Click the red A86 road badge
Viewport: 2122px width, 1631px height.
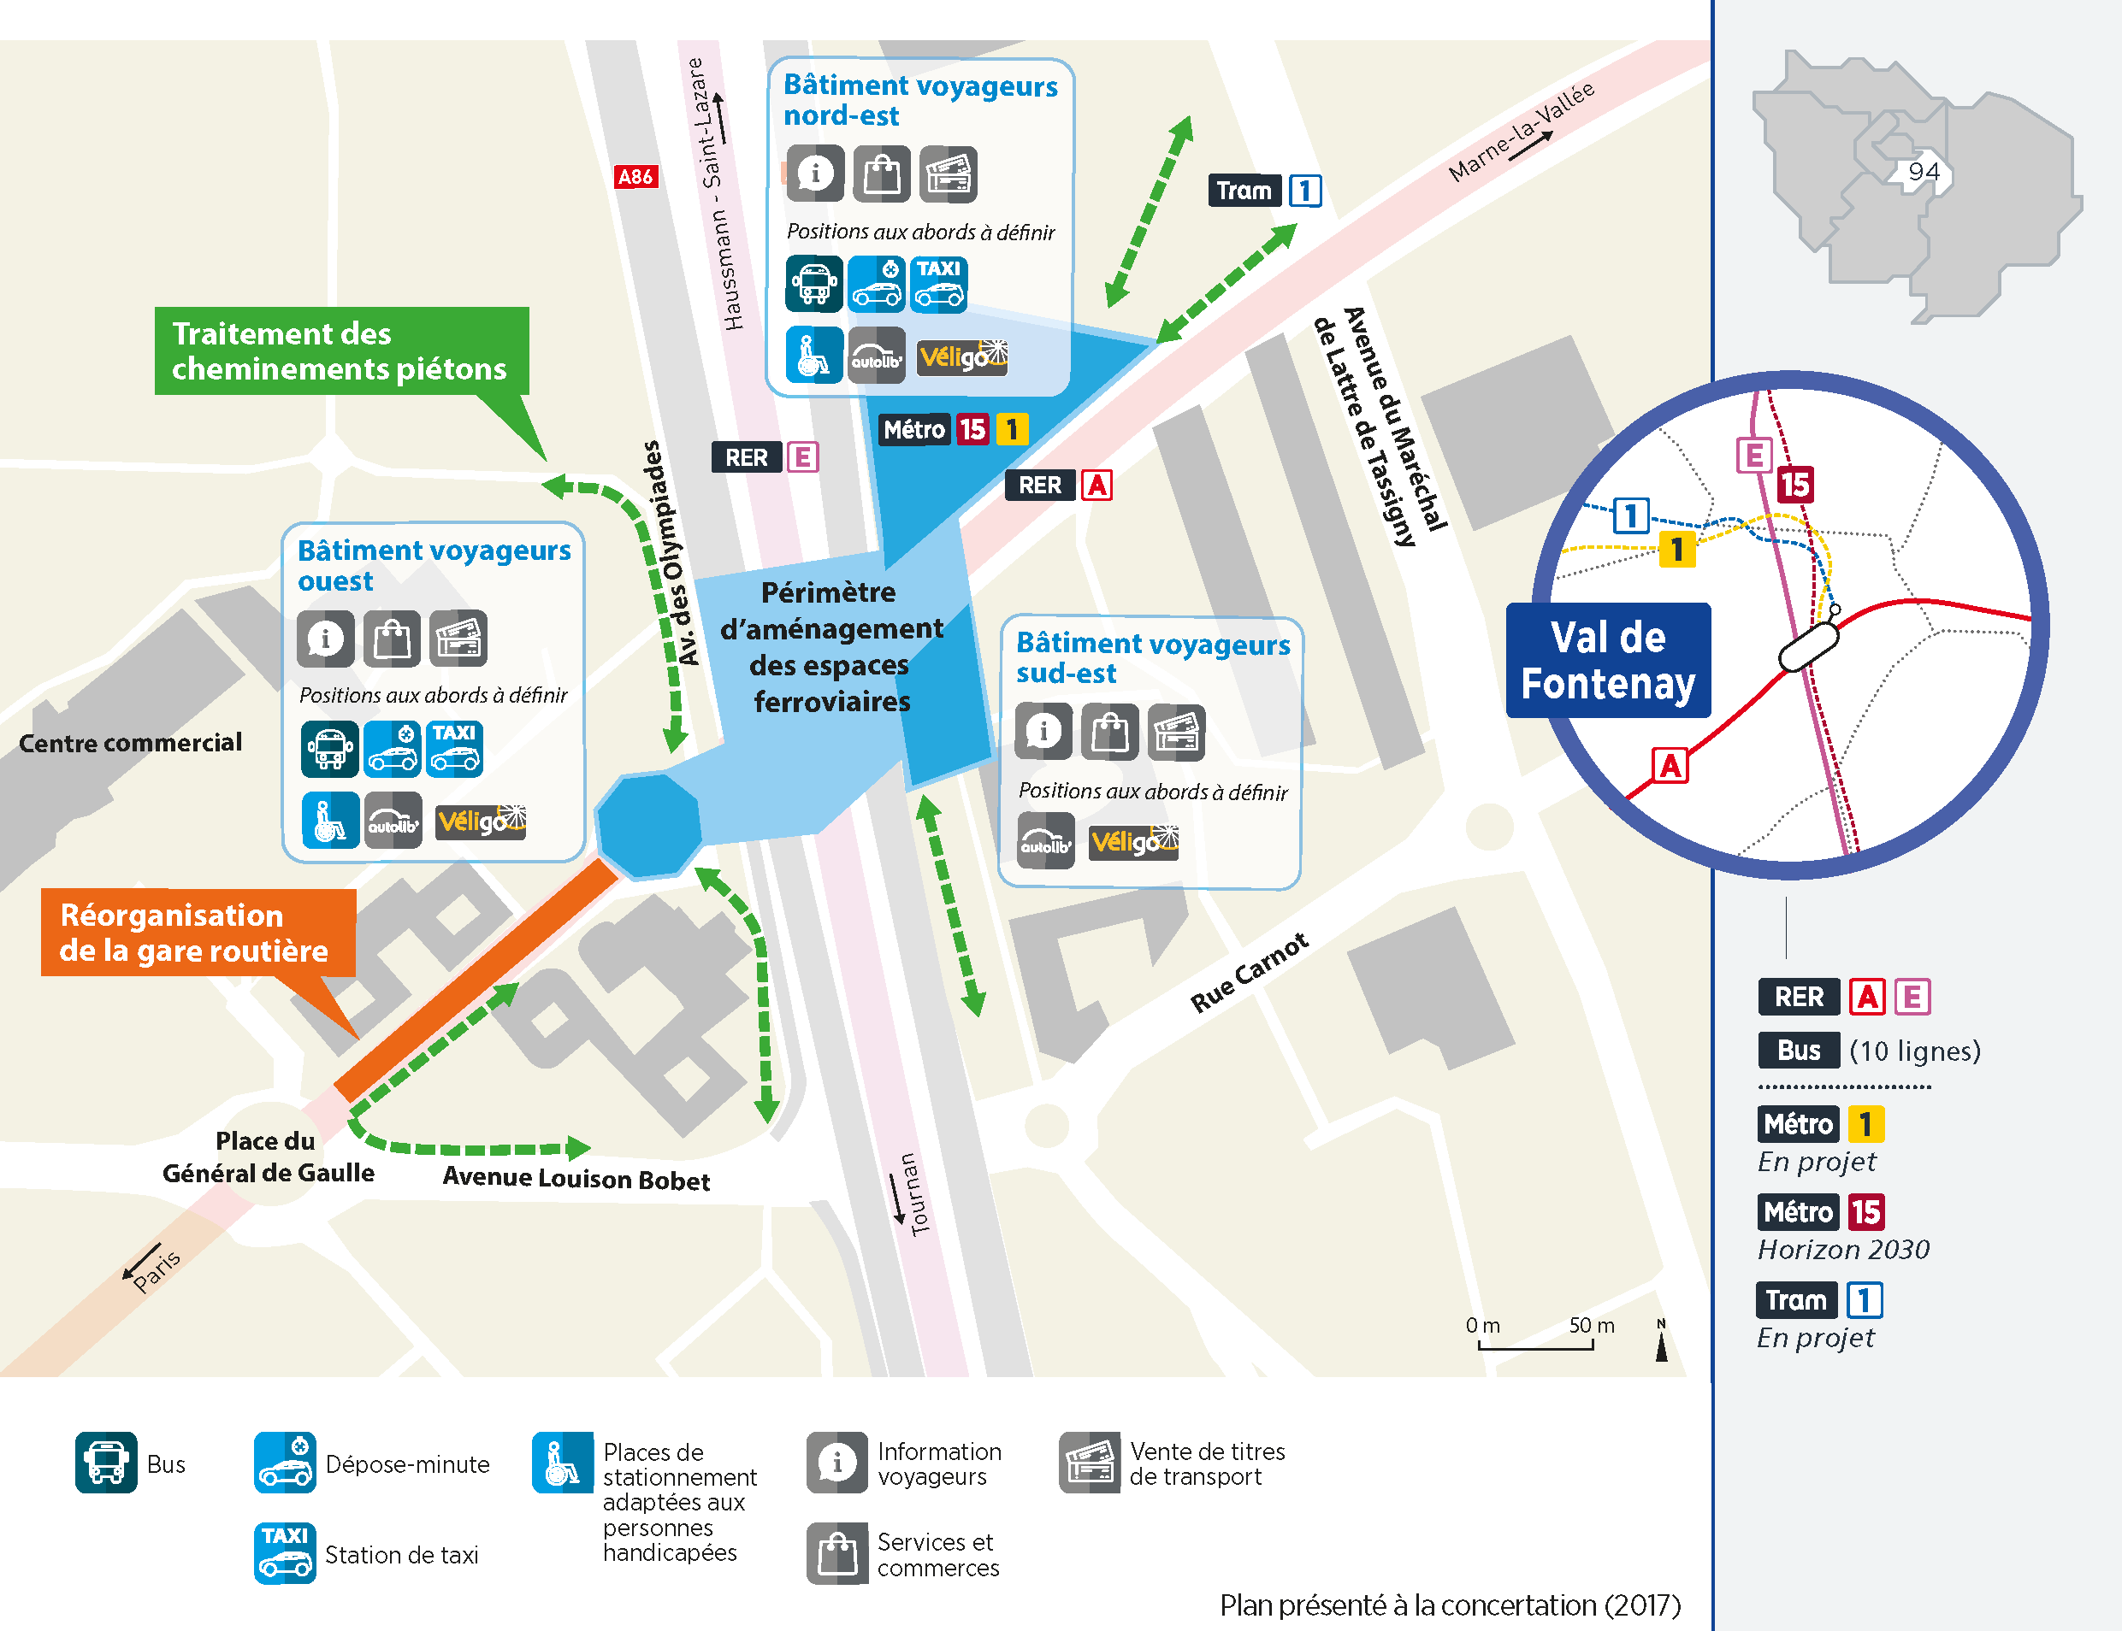636,177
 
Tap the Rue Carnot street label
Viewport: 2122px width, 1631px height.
1249,973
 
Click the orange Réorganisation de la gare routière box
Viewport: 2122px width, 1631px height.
198,932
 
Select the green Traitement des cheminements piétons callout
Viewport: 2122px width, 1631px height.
341,350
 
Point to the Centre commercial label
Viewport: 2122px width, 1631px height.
130,743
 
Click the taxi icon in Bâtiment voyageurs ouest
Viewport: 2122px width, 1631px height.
453,749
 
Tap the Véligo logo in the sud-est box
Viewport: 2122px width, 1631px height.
1132,842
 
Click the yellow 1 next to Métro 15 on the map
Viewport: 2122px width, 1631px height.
1011,429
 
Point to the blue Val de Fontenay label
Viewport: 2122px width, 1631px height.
1607,660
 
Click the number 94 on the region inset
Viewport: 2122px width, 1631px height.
1923,172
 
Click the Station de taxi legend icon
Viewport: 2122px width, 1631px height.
285,1552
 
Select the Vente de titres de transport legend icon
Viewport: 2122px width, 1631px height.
1089,1462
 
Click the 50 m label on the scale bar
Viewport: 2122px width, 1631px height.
1591,1325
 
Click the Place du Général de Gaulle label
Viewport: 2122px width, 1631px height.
267,1157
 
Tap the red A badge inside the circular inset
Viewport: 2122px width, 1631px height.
1670,766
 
